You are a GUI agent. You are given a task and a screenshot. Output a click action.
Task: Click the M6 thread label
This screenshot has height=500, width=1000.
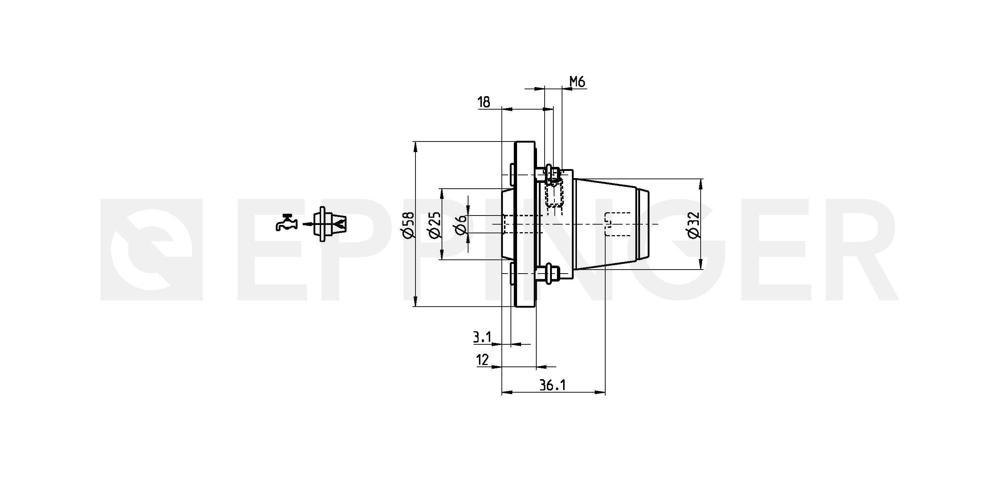pos(577,82)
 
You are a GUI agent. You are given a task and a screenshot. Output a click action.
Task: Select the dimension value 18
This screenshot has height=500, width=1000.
pos(484,102)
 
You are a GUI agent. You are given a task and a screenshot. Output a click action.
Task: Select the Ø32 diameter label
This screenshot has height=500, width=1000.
pos(693,225)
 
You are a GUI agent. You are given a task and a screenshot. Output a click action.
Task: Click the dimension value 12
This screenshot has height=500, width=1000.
pos(482,360)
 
